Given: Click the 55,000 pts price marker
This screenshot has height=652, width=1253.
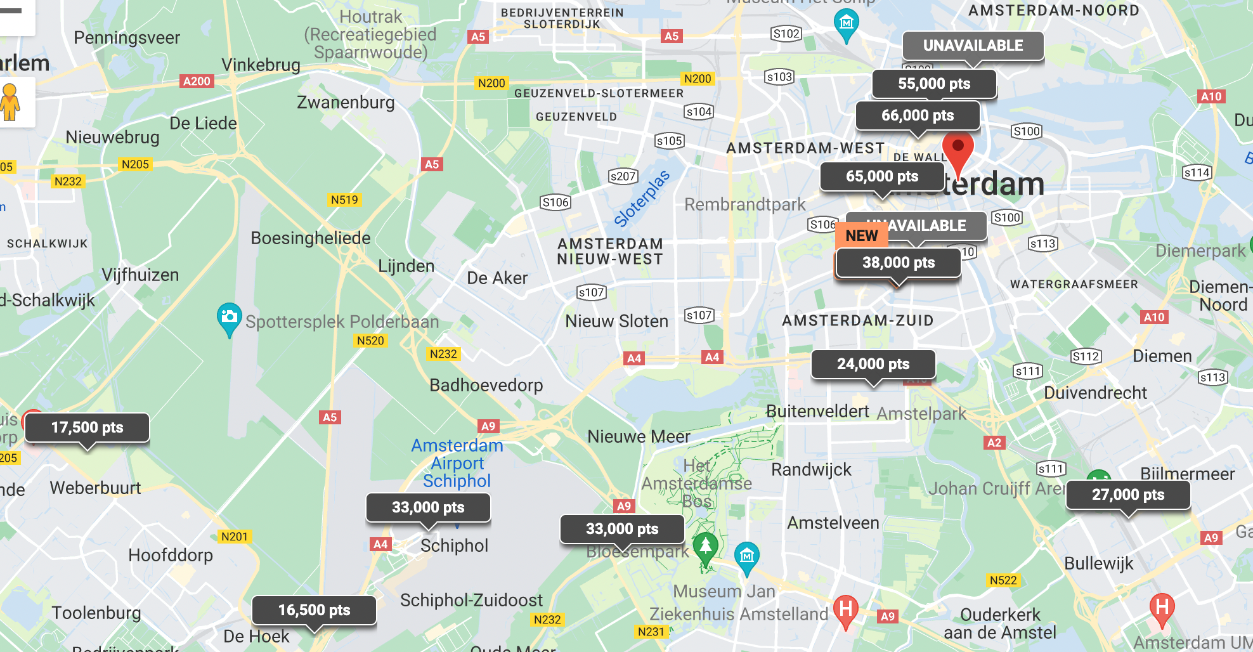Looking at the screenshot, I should [x=933, y=84].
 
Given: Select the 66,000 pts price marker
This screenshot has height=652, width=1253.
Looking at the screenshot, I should [x=917, y=115].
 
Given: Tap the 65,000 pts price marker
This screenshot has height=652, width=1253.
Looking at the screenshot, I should [x=881, y=176].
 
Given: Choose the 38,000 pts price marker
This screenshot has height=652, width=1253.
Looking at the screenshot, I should [x=898, y=263].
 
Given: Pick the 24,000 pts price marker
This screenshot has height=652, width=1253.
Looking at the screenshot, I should [x=873, y=364].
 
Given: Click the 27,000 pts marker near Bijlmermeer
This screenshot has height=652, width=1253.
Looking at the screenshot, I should [x=1127, y=495].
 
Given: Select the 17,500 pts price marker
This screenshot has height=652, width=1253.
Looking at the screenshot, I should [x=87, y=427].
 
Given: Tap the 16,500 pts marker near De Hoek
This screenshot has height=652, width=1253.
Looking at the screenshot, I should [x=314, y=610].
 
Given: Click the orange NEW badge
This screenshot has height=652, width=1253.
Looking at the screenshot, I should [x=861, y=235].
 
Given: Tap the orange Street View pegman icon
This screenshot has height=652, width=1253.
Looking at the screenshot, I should [x=10, y=102].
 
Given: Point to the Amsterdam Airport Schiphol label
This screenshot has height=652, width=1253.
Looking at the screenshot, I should [x=457, y=464].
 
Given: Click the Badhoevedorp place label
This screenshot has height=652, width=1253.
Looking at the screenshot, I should [x=486, y=385].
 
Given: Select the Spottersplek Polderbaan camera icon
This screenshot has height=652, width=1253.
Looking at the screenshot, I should [x=229, y=316].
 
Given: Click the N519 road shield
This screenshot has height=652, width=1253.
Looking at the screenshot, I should [x=344, y=200].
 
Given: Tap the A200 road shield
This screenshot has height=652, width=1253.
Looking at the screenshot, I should [x=197, y=81].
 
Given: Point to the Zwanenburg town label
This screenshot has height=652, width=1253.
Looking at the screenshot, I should [x=346, y=102].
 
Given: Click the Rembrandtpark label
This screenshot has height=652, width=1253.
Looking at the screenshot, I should [x=744, y=204].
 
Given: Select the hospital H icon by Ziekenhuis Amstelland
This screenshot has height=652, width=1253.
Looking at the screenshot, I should [x=845, y=610].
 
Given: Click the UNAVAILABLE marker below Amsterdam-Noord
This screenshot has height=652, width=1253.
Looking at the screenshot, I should [x=973, y=46].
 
